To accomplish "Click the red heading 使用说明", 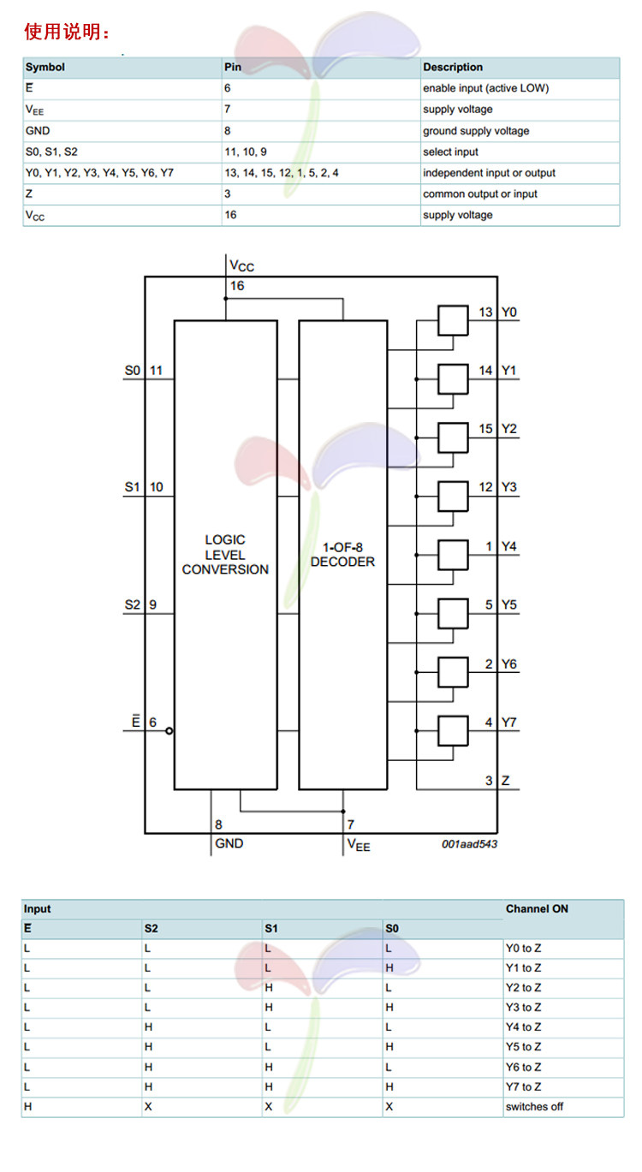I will click(x=67, y=33).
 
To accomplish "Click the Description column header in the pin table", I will click(x=453, y=67).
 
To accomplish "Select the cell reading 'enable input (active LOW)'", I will click(x=485, y=88).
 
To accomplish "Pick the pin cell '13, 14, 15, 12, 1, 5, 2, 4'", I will click(x=282, y=173).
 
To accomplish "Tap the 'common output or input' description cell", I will click(x=480, y=194).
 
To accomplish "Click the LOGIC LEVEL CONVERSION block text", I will click(x=225, y=554).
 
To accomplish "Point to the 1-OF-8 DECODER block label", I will click(x=342, y=554).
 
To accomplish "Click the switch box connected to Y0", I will click(x=453, y=321).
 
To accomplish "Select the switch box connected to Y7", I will click(x=453, y=730).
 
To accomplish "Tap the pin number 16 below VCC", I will click(x=237, y=286).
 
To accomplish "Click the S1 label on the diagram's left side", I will click(x=131, y=487).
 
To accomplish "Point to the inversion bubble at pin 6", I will click(x=169, y=731).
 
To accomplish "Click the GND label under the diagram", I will click(x=229, y=844).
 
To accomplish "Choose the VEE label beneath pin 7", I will click(x=359, y=845).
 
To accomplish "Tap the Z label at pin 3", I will click(x=506, y=781).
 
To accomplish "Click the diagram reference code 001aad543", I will click(x=469, y=844).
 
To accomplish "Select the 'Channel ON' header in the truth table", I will click(x=537, y=908).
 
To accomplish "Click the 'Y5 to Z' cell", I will click(x=524, y=1047).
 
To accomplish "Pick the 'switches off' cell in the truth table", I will click(x=534, y=1107).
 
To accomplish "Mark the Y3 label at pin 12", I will click(x=509, y=487).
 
